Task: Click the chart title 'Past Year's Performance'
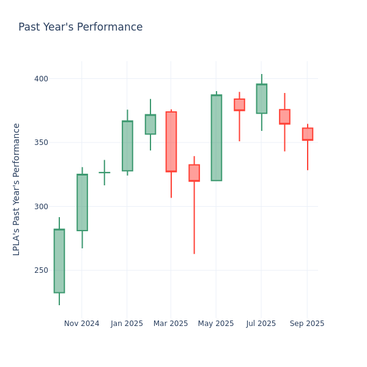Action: click(x=80, y=28)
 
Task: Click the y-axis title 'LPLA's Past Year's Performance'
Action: click(x=17, y=189)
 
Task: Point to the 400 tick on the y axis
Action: click(x=40, y=79)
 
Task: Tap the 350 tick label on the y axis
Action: click(x=40, y=143)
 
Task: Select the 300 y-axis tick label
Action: click(x=40, y=207)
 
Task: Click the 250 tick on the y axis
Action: click(x=40, y=270)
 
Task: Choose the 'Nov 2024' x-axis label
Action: click(x=81, y=324)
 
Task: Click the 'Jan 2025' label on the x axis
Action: click(x=127, y=324)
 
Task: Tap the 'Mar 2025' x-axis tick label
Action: click(x=171, y=324)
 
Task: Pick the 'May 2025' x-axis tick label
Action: click(x=216, y=324)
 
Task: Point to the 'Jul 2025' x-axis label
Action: click(x=261, y=324)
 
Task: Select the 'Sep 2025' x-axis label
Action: click(x=307, y=324)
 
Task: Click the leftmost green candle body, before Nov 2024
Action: click(x=59, y=261)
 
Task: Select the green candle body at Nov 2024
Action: click(x=82, y=202)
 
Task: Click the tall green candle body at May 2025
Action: click(x=217, y=138)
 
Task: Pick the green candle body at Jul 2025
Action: click(x=261, y=98)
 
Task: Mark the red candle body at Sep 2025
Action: click(x=307, y=134)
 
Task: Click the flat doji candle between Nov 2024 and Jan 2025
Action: click(x=104, y=172)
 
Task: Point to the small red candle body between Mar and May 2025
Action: click(x=194, y=172)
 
